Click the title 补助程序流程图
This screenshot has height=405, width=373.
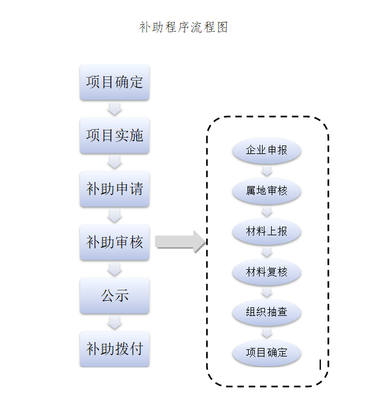point(183,27)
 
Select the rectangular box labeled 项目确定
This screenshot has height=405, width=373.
point(115,82)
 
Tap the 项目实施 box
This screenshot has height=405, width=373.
point(115,135)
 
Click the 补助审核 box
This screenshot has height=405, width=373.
point(115,243)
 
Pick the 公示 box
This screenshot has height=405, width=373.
point(115,296)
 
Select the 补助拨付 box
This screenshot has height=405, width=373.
point(115,349)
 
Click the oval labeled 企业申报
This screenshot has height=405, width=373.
point(267,150)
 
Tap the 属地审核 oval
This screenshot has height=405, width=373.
point(267,191)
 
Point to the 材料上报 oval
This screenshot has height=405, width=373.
point(267,232)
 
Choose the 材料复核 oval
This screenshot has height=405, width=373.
point(267,272)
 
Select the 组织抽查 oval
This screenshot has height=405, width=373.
point(267,312)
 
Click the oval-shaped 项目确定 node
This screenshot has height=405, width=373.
point(267,352)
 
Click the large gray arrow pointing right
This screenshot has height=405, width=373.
point(180,242)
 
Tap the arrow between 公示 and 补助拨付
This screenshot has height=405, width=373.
point(115,323)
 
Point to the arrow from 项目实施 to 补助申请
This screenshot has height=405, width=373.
point(115,162)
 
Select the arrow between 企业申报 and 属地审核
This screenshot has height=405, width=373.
point(267,171)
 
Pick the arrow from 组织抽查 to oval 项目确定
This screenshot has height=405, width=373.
point(267,332)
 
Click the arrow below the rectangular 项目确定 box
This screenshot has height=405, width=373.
point(115,109)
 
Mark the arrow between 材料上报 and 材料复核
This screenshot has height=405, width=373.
point(267,252)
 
